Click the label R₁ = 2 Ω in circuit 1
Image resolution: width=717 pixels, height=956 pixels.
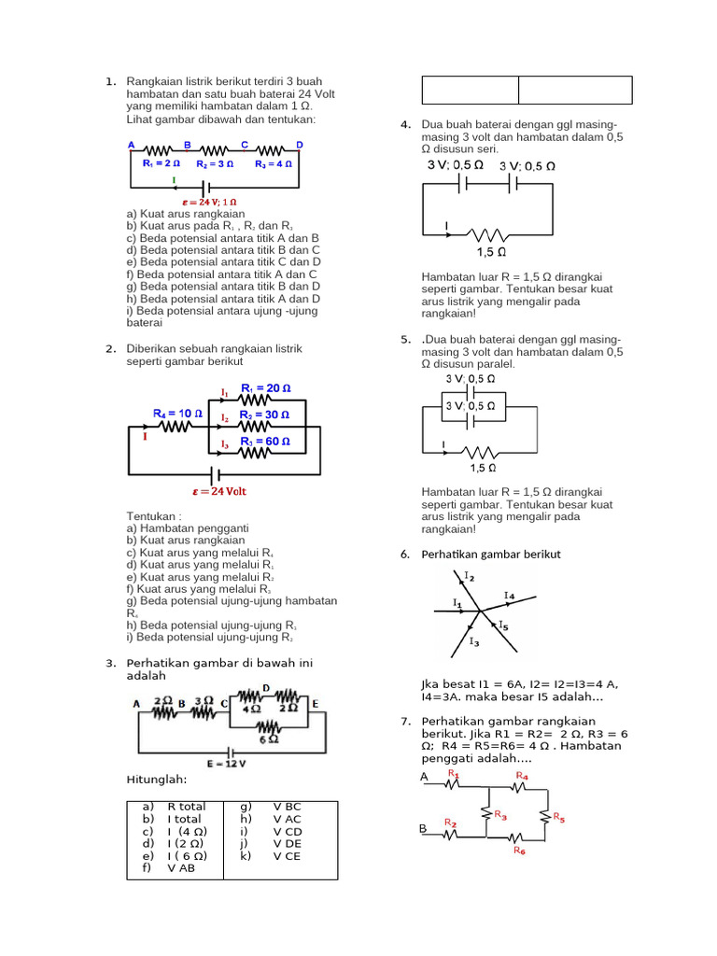(162, 163)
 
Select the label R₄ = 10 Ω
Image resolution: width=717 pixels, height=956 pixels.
(178, 412)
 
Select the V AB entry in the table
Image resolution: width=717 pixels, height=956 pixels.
(181, 867)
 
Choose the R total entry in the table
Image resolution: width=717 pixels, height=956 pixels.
(187, 807)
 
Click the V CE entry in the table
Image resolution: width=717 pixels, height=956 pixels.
(287, 855)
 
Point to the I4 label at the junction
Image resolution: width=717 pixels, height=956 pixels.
(509, 595)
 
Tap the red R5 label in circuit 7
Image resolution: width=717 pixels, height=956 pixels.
(558, 817)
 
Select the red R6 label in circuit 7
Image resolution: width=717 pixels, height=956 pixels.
(520, 851)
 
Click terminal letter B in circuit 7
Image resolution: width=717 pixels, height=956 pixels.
(423, 829)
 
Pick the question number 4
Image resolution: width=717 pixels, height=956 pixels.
(405, 125)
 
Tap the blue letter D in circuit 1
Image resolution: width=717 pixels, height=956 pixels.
(300, 145)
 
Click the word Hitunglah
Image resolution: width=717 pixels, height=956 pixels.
(156, 780)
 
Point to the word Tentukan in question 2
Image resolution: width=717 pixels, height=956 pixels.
(153, 515)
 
